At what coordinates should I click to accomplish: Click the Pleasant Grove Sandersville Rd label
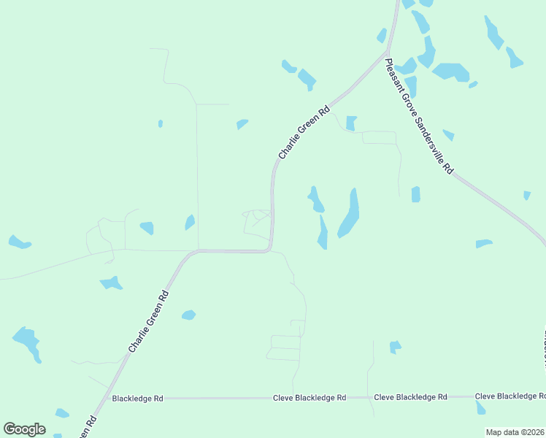[x=419, y=116]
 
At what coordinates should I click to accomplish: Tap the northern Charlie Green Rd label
[x=304, y=133]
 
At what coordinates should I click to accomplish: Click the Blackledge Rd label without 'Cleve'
[x=137, y=399]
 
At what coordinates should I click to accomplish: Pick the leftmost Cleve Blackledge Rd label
[x=309, y=398]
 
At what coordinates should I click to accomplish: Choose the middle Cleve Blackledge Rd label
[x=410, y=397]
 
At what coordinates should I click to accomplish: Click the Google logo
[x=24, y=429]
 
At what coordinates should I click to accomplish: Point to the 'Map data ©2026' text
[x=515, y=432]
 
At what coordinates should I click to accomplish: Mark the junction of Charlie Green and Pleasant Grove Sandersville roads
[x=385, y=53]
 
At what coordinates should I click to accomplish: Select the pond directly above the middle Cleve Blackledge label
[x=395, y=347]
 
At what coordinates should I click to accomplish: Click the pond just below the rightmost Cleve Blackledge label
[x=480, y=407]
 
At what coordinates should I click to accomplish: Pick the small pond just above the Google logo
[x=62, y=413]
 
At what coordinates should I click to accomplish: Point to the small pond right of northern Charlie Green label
[x=351, y=123]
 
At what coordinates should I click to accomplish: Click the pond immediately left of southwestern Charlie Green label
[x=112, y=283]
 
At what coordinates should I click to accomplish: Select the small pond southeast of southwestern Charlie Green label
[x=188, y=315]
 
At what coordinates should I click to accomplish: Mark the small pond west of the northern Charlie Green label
[x=242, y=124]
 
